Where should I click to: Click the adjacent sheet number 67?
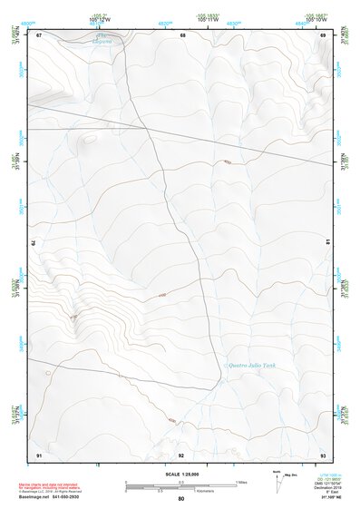coord(39,34)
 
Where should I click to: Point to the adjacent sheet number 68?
coord(182,34)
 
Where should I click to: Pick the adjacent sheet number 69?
coord(323,34)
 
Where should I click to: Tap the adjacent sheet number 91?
coord(39,454)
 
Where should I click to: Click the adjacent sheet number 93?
coord(323,454)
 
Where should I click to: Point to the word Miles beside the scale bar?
coord(242,482)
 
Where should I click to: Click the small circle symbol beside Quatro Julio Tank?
coord(225,365)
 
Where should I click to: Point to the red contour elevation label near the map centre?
coord(162,296)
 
